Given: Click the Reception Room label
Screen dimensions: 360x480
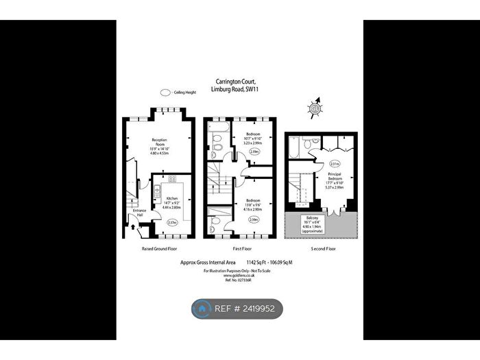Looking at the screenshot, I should (x=160, y=142).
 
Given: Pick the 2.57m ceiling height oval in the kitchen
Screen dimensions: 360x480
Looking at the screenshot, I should (x=172, y=221).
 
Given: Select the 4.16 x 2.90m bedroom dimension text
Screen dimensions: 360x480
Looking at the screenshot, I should (x=253, y=207).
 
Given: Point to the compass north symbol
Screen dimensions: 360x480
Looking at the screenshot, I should (x=316, y=107).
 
